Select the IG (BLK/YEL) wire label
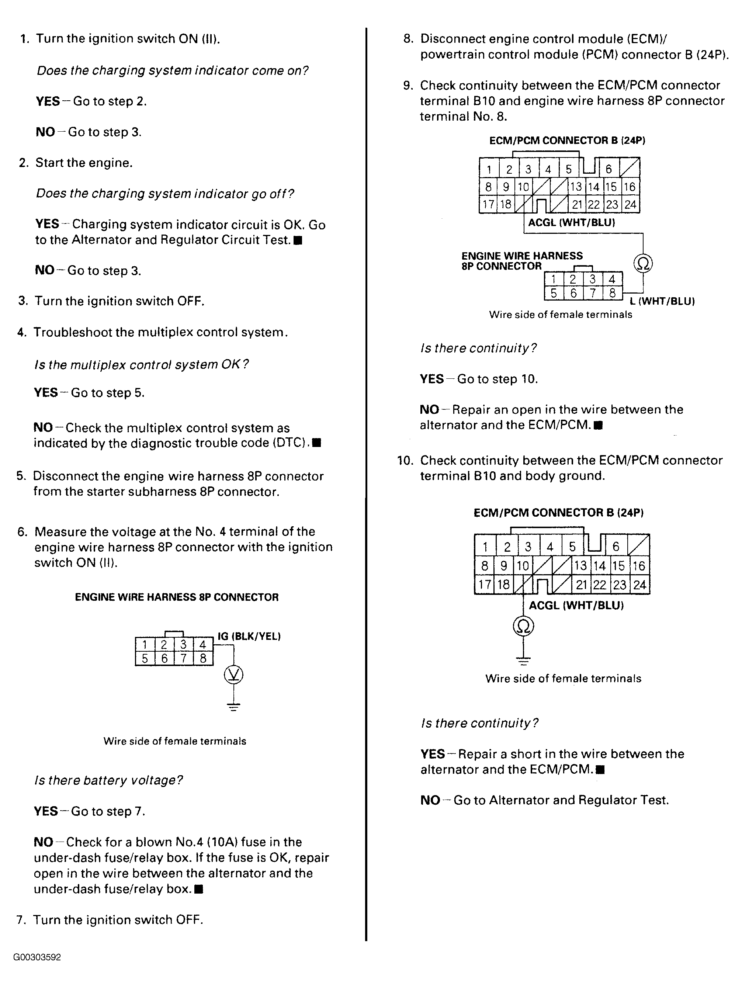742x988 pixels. point(249,636)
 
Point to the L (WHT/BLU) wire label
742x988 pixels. point(662,302)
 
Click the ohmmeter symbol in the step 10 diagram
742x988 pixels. point(524,626)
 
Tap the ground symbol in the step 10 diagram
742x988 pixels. point(524,660)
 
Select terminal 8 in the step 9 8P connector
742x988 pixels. point(613,293)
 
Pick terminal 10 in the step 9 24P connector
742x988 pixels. point(523,187)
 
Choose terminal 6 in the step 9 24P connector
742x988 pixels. point(609,169)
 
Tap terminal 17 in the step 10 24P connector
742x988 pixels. point(485,585)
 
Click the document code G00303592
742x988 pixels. point(37,957)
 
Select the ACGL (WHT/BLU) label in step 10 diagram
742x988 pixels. point(576,605)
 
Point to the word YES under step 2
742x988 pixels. point(47,224)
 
